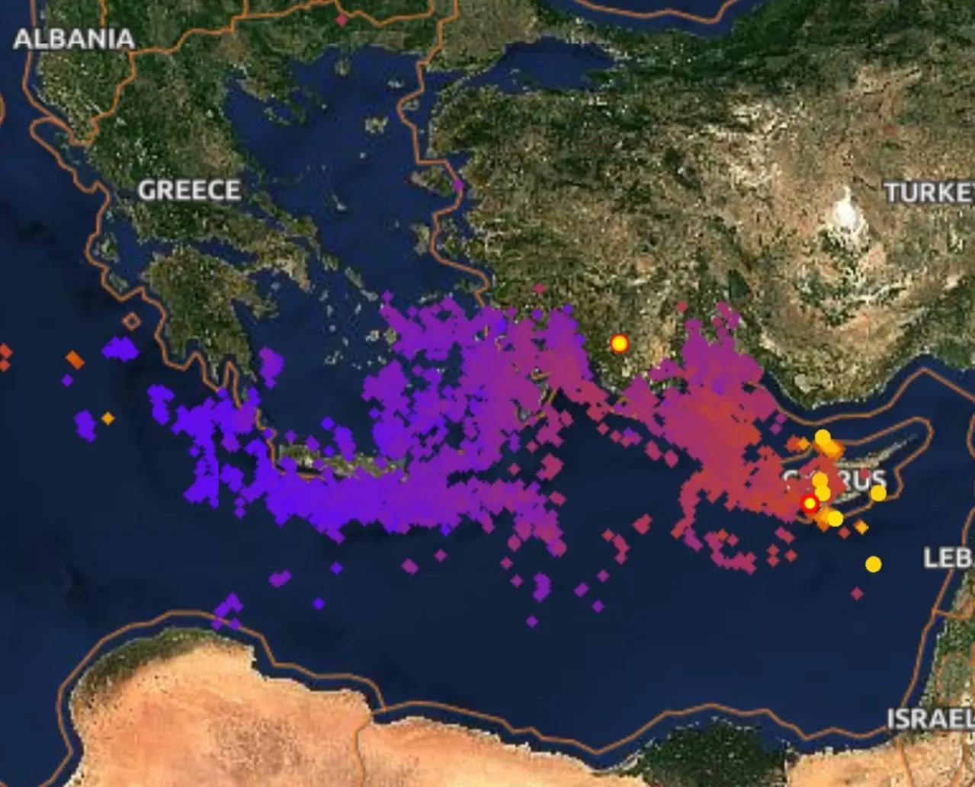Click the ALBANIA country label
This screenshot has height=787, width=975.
click(x=74, y=39)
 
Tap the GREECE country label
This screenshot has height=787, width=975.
click(x=189, y=190)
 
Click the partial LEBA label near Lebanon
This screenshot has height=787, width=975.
click(x=949, y=557)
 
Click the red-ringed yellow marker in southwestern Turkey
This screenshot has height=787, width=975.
click(x=619, y=344)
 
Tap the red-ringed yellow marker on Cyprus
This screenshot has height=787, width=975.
click(x=810, y=504)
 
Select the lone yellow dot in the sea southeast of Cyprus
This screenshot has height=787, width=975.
click(x=874, y=564)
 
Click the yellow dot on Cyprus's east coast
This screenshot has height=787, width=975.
click(x=878, y=493)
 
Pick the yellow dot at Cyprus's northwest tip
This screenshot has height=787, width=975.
click(x=822, y=437)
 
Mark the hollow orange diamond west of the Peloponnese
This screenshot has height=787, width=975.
click(x=131, y=322)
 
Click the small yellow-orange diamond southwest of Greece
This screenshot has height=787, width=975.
click(x=107, y=418)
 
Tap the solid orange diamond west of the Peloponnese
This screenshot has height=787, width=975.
click(x=74, y=359)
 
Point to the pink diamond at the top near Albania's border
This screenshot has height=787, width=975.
click(x=342, y=21)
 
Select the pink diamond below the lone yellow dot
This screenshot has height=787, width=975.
click(x=857, y=593)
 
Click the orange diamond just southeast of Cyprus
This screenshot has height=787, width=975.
click(x=861, y=526)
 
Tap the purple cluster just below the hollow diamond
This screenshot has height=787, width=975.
click(x=120, y=350)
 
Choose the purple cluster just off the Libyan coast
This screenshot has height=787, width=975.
click(x=227, y=609)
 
